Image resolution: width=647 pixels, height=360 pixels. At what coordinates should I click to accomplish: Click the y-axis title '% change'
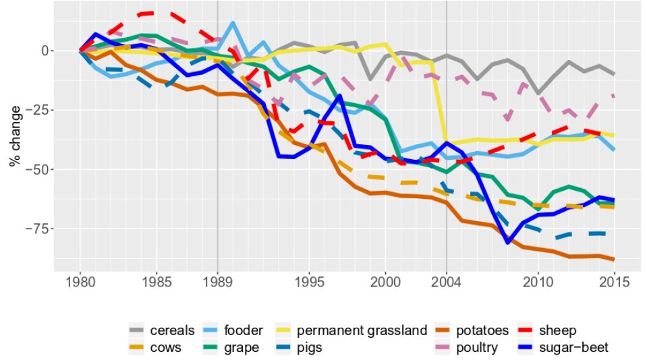[x=14, y=138]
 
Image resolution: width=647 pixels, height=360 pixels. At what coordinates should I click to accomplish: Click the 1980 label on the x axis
[x=80, y=281]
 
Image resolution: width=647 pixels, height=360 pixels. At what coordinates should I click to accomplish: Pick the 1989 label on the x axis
[x=217, y=281]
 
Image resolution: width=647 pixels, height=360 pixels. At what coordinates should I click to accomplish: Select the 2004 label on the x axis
[x=447, y=281]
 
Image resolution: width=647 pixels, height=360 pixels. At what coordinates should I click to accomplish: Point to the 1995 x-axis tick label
[x=309, y=281]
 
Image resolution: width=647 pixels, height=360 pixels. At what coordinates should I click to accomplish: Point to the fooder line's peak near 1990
[x=233, y=23]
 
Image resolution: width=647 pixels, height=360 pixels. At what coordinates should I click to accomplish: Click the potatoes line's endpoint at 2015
[x=615, y=260]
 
